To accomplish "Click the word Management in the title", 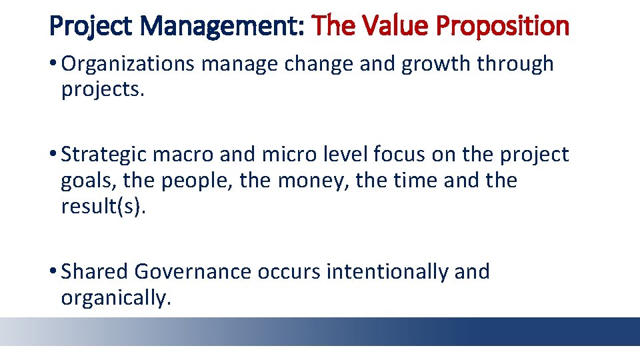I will point(223,27).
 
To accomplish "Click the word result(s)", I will point(102,207).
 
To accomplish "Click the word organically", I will point(116,298).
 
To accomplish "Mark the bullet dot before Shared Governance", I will point(53,272).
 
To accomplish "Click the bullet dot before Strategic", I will point(53,155).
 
